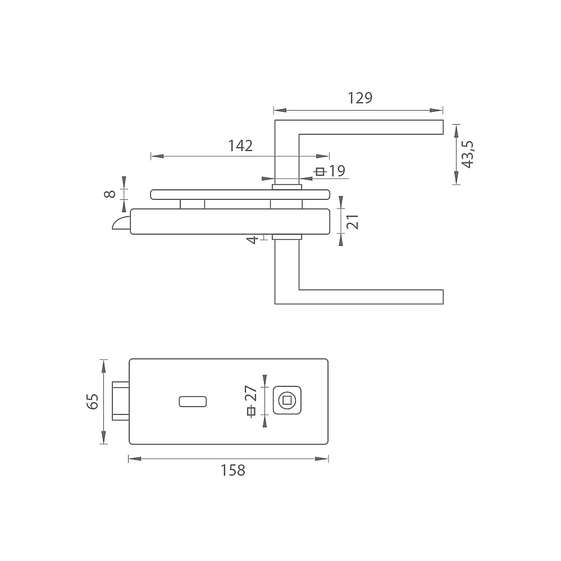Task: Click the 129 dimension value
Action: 360,98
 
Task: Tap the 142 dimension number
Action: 240,145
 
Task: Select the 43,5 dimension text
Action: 467,154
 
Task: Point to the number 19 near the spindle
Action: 337,171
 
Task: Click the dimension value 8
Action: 110,194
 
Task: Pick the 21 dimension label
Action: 353,221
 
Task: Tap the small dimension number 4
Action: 253,239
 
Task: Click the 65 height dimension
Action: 92,402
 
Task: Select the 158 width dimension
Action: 233,471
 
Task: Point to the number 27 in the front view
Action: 251,393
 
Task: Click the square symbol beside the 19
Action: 320,172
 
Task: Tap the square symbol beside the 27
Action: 251,412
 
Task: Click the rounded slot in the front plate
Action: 193,402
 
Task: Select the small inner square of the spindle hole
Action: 287,400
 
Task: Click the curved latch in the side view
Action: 121,222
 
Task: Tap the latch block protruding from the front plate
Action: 121,401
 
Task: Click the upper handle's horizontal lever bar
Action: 371,127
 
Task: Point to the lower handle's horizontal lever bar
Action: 371,297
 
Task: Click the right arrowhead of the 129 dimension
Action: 436,110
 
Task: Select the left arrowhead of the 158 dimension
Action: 135,459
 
